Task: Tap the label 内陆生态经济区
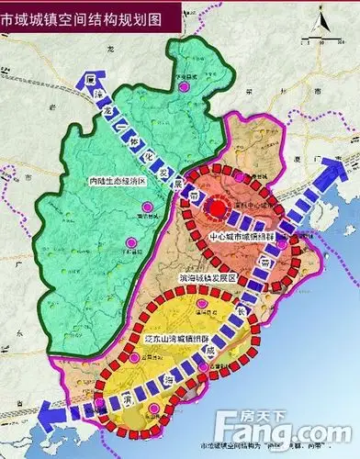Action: coord(115,181)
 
